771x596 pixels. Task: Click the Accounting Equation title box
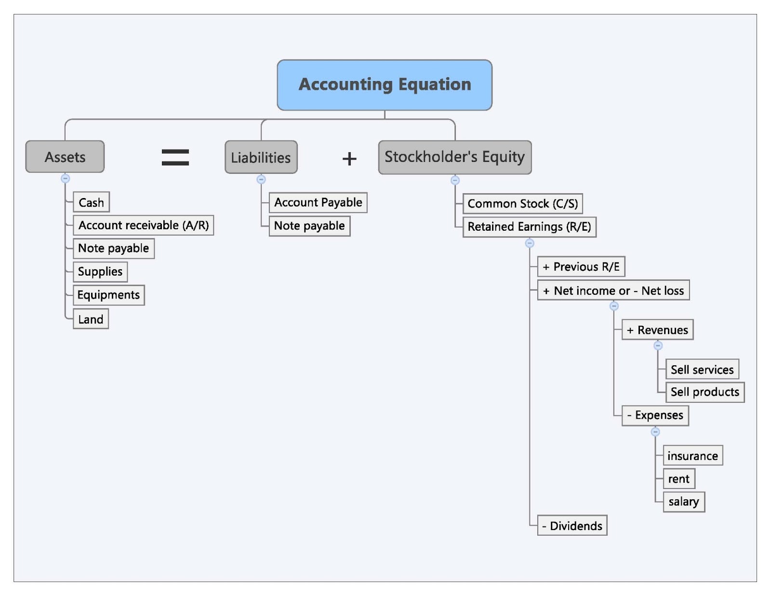(385, 85)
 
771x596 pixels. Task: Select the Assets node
(65, 157)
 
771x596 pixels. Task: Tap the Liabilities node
(261, 157)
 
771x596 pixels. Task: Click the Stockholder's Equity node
(455, 157)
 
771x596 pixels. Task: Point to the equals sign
(175, 157)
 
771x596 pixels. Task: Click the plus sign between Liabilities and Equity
(349, 159)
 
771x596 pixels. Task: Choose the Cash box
(91, 202)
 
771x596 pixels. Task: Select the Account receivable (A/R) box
(143, 225)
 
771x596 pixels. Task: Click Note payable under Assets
(114, 248)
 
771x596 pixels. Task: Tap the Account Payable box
(318, 202)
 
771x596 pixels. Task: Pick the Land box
(91, 319)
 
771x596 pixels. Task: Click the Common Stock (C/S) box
(523, 204)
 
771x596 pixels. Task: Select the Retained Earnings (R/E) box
(530, 227)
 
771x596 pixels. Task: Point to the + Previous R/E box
(581, 266)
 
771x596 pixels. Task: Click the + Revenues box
(657, 330)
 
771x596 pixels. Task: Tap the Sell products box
(705, 392)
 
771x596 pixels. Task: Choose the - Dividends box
(572, 525)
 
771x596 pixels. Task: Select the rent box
(679, 478)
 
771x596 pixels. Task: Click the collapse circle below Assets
(65, 178)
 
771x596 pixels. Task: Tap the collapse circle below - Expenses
(655, 432)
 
